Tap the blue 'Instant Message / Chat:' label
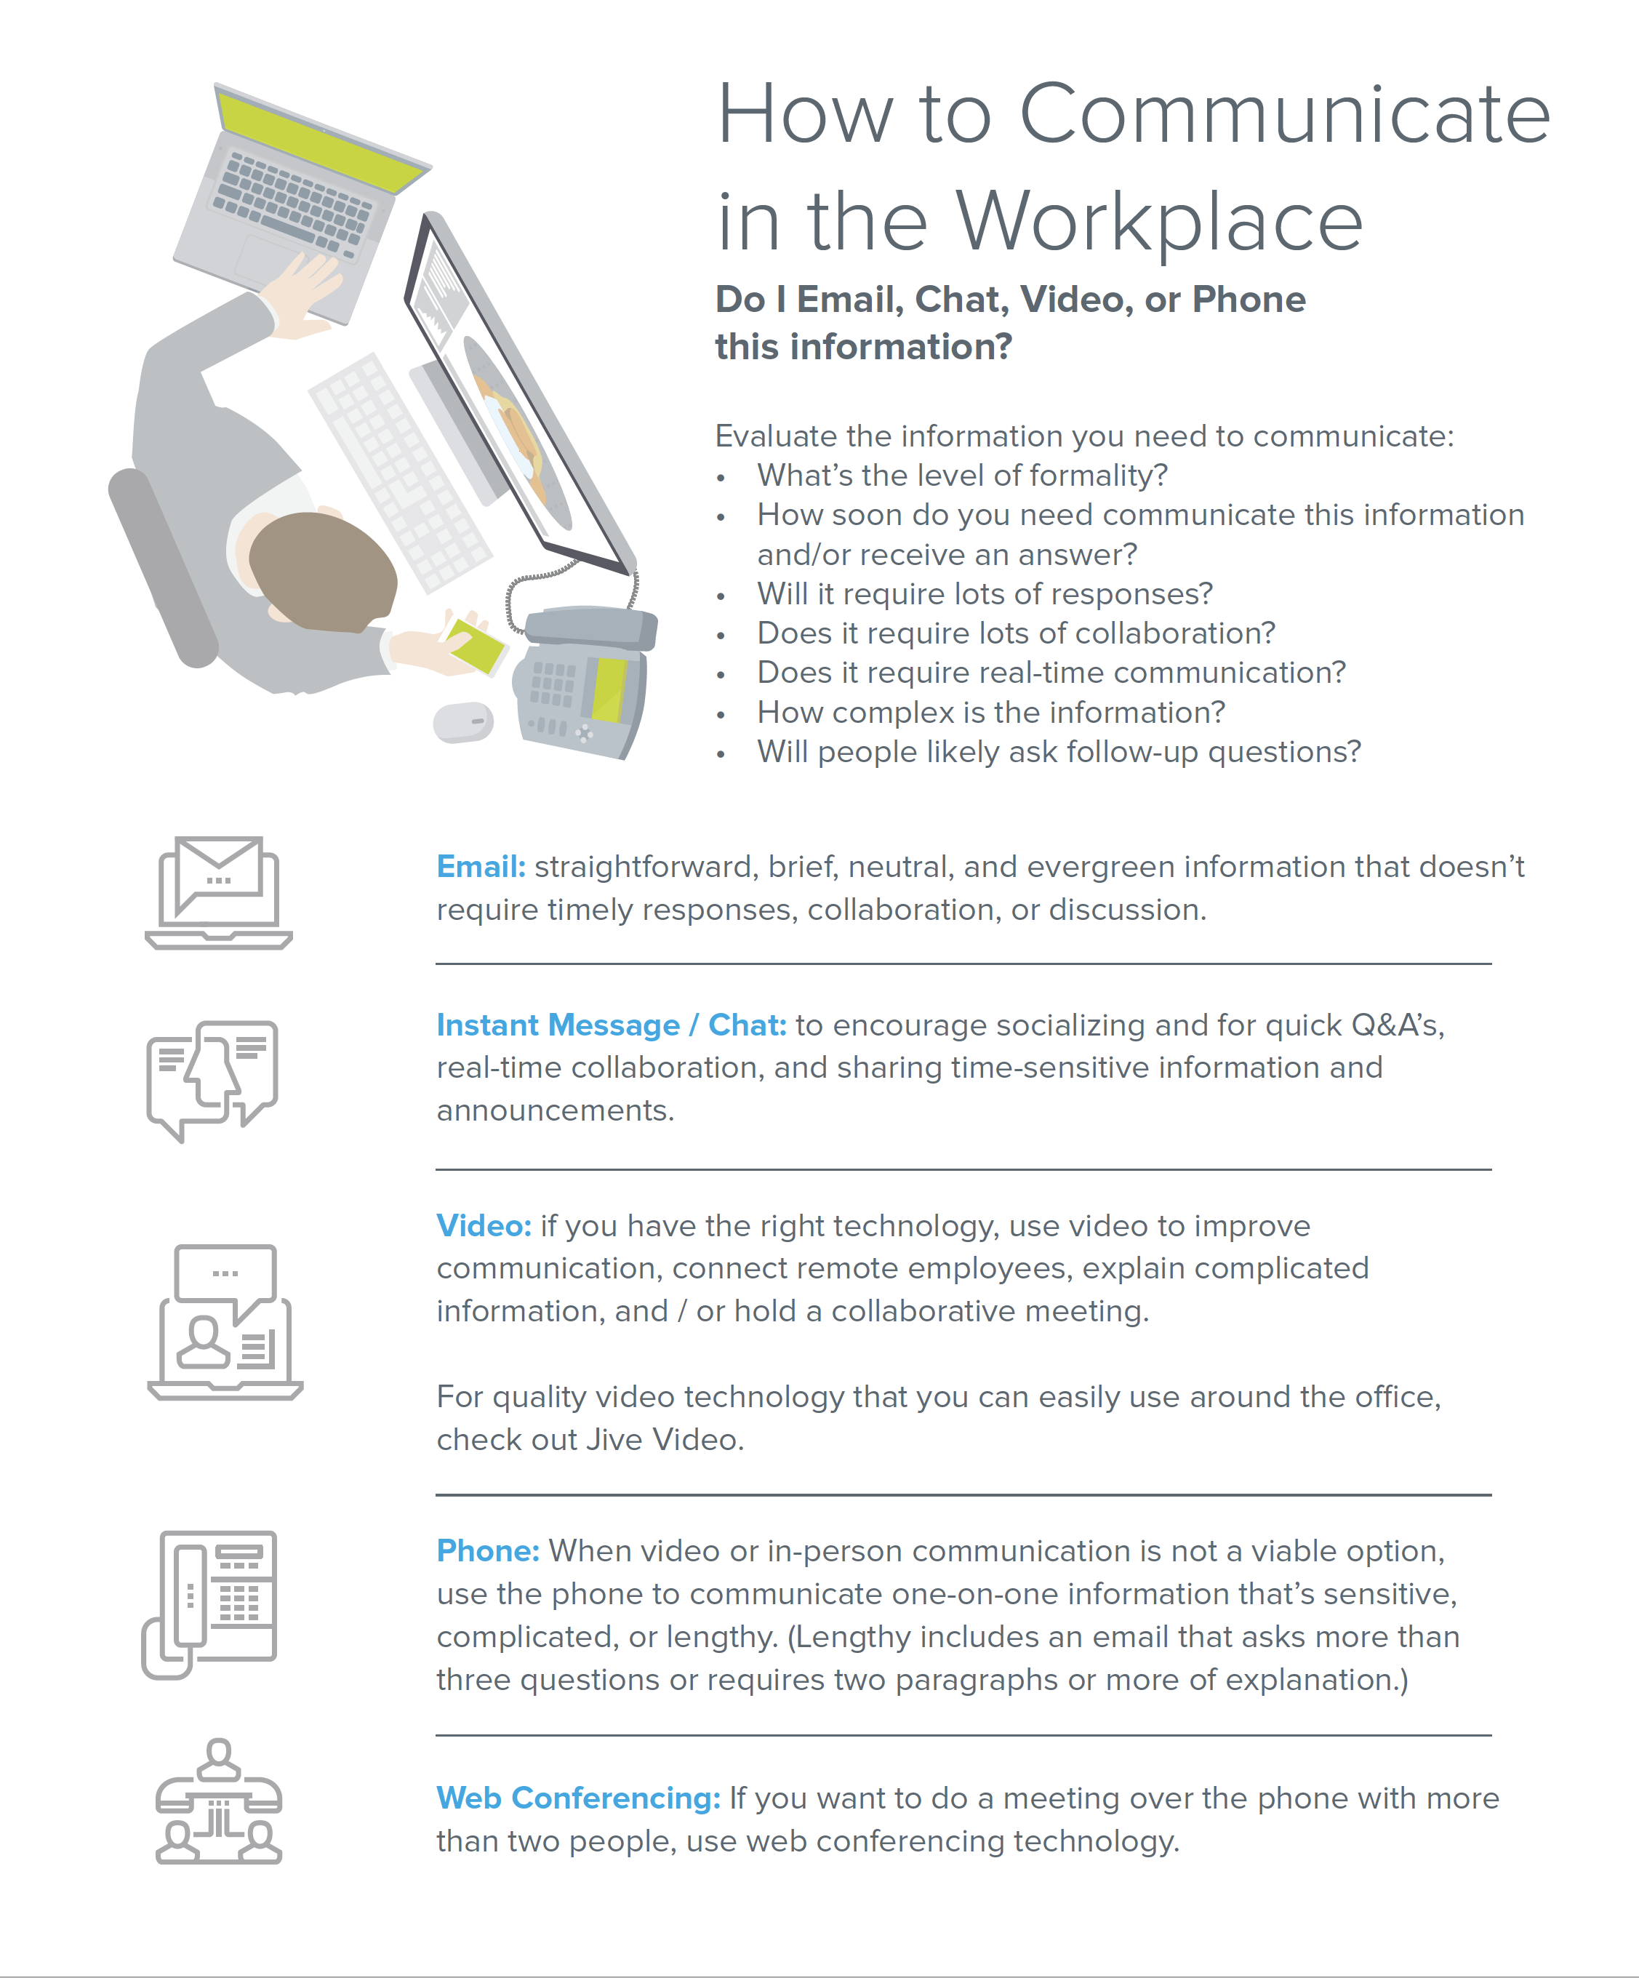click(x=610, y=1025)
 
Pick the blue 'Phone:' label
click(x=487, y=1550)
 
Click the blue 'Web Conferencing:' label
click(x=577, y=1798)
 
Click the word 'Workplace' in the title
click(x=1158, y=223)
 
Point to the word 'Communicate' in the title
click(x=1284, y=115)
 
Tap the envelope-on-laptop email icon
click(x=219, y=892)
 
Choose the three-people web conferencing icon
click(x=219, y=1802)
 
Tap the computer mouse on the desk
click(x=462, y=722)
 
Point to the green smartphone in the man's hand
click(x=476, y=645)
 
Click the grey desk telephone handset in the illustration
click(x=590, y=626)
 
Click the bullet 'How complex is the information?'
click(x=991, y=712)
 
